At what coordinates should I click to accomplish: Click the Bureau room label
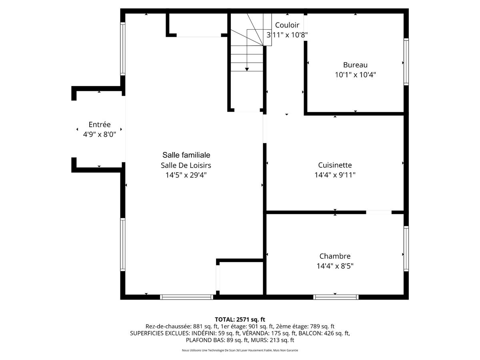(355, 65)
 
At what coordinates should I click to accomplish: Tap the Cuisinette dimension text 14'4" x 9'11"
(335, 175)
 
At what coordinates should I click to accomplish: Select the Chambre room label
(335, 256)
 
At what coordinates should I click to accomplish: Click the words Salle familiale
(186, 155)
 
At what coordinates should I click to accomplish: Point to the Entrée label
(99, 125)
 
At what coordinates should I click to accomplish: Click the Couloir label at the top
(287, 25)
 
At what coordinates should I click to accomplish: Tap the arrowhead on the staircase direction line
(247, 70)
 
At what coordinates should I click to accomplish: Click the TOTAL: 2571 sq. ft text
(240, 319)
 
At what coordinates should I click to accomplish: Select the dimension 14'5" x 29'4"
(186, 175)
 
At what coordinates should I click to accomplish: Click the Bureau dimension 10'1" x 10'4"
(355, 75)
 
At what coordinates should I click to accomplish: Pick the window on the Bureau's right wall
(406, 62)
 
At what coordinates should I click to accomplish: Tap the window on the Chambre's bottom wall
(335, 297)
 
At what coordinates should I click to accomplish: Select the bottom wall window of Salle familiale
(186, 297)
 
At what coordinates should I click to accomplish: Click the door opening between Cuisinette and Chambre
(378, 212)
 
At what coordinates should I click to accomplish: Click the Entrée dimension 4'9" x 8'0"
(99, 135)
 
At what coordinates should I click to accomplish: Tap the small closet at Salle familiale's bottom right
(240, 278)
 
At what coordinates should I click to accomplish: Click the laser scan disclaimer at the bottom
(240, 350)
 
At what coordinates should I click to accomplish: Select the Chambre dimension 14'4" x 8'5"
(335, 266)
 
